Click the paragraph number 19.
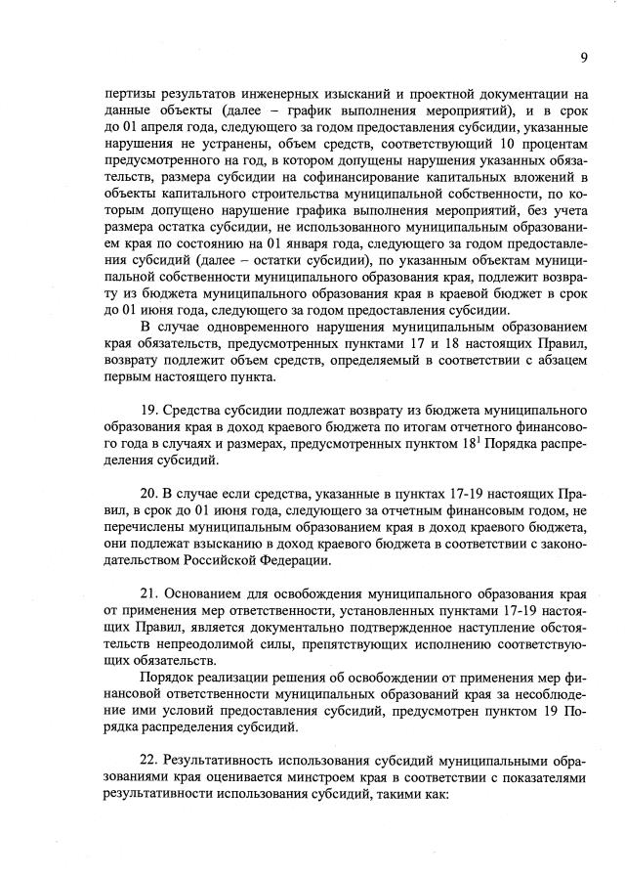(150, 407)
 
